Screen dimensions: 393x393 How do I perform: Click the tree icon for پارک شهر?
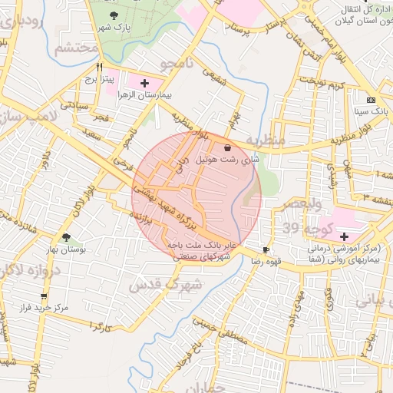114,15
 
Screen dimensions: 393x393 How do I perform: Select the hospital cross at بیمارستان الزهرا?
145,82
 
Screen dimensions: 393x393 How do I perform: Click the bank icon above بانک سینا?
372,100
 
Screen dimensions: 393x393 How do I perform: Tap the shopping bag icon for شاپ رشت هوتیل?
227,147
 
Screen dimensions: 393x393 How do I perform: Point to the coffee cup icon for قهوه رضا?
266,249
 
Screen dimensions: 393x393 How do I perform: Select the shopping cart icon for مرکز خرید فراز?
44,296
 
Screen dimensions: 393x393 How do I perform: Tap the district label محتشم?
77,49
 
